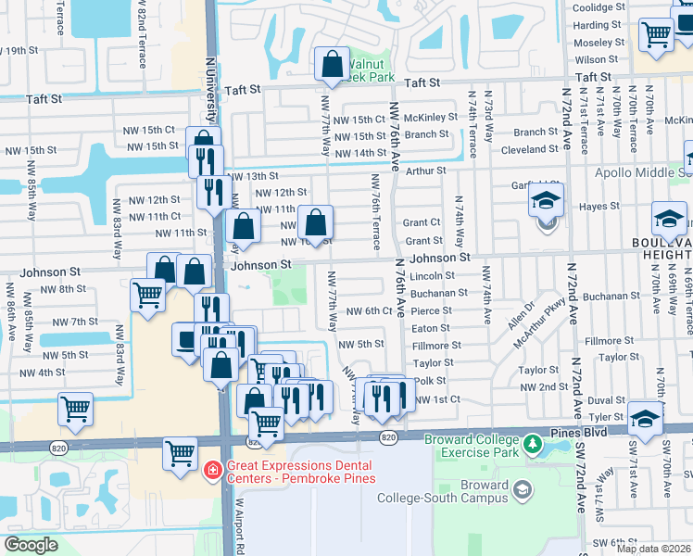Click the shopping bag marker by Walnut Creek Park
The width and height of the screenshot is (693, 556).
(332, 65)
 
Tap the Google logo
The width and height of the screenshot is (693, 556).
(31, 545)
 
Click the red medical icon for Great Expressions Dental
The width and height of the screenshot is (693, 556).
(212, 471)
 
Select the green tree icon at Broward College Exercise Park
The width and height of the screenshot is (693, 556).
(533, 445)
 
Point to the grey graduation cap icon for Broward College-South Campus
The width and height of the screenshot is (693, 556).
(523, 488)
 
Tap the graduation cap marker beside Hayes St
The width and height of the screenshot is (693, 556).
(547, 200)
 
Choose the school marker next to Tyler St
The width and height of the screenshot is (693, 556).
(645, 418)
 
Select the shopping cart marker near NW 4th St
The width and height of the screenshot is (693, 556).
(75, 409)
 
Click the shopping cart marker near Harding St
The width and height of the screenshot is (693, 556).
(656, 35)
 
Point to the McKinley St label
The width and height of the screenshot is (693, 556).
(431, 118)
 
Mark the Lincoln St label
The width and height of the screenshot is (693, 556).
(432, 276)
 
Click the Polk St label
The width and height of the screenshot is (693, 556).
(430, 381)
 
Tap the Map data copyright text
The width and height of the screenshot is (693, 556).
(652, 549)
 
